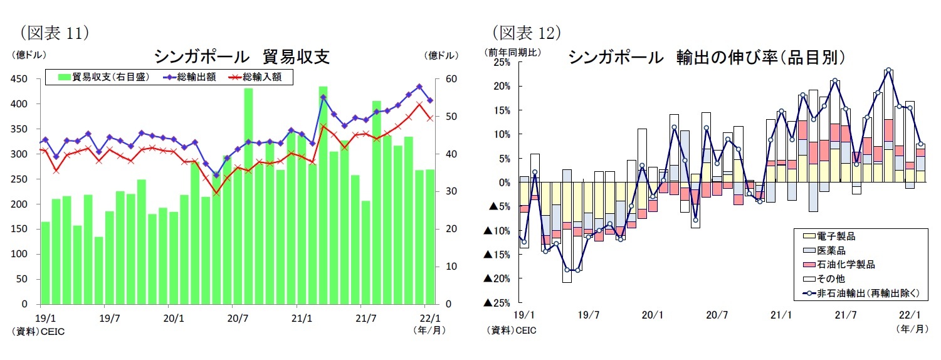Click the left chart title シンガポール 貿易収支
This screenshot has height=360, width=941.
pyautogui.click(x=242, y=56)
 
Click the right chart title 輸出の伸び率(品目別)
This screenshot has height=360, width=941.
pyautogui.click(x=707, y=58)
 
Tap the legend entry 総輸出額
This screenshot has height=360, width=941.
pyautogui.click(x=189, y=77)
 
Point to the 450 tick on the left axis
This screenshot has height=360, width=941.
pyautogui.click(x=19, y=79)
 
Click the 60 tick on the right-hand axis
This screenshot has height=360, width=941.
pyautogui.click(x=433, y=79)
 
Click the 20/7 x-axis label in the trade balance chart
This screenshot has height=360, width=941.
pyautogui.click(x=238, y=317)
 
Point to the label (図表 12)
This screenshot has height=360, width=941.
pyautogui.click(x=525, y=31)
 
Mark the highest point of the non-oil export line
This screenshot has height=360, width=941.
pyautogui.click(x=888, y=70)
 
